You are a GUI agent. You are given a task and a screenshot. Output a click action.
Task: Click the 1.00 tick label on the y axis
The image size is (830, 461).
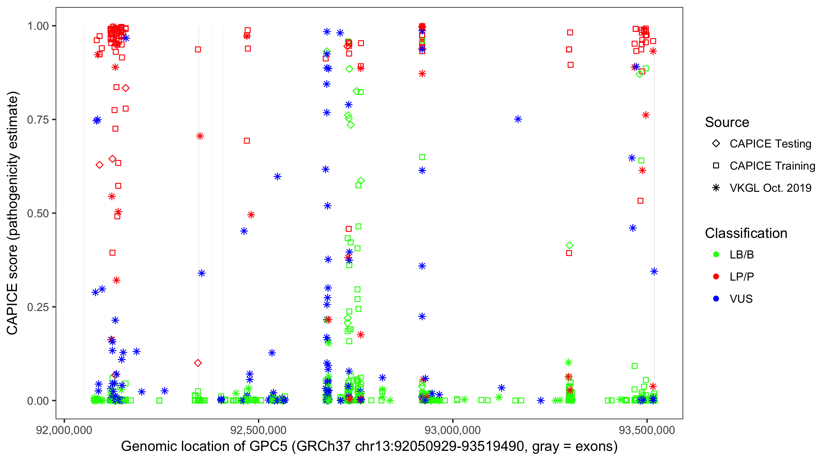click(38, 26)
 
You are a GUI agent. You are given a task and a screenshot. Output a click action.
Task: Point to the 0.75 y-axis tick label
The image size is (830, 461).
click(38, 120)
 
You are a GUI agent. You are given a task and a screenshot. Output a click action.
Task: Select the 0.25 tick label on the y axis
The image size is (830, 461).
click(38, 307)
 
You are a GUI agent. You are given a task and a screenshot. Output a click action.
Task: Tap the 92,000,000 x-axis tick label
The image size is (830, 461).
click(64, 430)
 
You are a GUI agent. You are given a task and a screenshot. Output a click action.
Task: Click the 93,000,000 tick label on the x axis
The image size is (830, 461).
click(453, 430)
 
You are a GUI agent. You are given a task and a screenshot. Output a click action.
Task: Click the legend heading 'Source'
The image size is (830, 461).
click(727, 122)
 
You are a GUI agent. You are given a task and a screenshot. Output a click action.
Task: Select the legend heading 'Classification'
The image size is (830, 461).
click(746, 233)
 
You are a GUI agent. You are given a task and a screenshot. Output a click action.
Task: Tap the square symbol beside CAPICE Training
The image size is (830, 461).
click(716, 166)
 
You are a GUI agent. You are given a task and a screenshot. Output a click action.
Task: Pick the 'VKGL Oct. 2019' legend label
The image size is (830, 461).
click(770, 188)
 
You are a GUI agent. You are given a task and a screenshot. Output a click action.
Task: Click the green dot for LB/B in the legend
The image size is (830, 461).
click(716, 255)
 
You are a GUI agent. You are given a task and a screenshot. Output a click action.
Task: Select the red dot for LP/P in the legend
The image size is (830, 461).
click(716, 277)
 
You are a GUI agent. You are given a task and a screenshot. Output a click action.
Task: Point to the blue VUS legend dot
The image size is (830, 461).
click(716, 299)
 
